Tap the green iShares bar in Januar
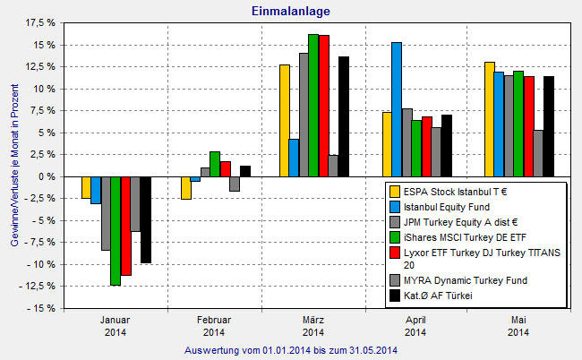click(115, 230)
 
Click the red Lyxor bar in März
click(323, 106)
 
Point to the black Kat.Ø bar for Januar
click(145, 219)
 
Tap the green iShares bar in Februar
click(215, 164)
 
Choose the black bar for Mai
click(548, 126)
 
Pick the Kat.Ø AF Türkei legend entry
click(444, 296)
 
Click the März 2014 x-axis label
click(313, 326)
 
